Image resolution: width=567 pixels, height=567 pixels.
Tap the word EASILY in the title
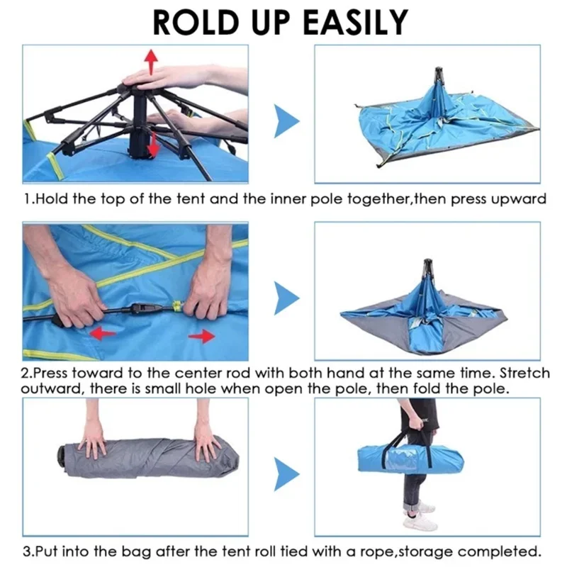(356, 23)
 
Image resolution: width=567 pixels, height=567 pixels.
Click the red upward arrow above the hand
(151, 62)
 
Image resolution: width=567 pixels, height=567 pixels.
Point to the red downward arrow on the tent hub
(154, 145)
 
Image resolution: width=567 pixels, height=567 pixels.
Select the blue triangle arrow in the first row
(286, 121)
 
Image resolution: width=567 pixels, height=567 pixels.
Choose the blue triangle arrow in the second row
(286, 298)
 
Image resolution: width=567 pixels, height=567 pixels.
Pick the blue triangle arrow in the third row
(286, 474)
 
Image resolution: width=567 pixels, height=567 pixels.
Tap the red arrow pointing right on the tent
(202, 336)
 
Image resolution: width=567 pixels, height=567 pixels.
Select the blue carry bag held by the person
(410, 459)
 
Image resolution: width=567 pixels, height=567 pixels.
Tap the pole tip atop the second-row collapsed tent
(428, 261)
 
